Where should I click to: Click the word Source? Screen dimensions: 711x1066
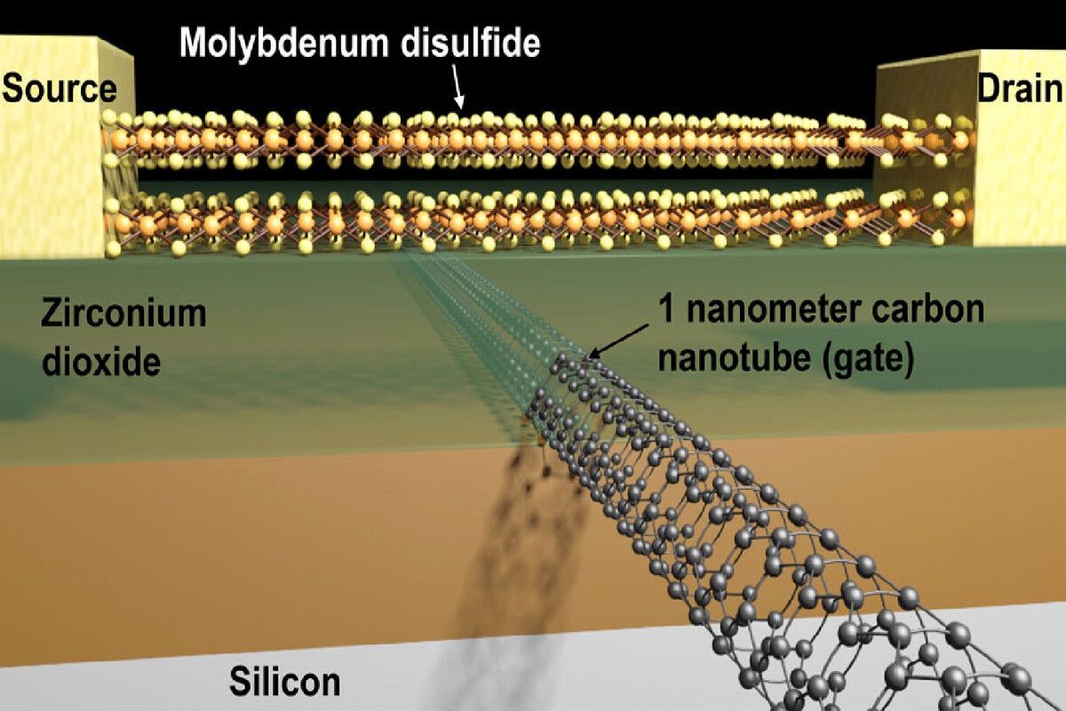tap(60, 89)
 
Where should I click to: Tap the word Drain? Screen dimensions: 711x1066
tap(1020, 89)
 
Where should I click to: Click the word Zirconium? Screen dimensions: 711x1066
tap(123, 313)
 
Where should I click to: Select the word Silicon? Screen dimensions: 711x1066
tap(284, 683)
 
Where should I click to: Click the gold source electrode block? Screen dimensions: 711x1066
tap(53, 178)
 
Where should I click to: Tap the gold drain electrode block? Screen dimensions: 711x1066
tap(1022, 178)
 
